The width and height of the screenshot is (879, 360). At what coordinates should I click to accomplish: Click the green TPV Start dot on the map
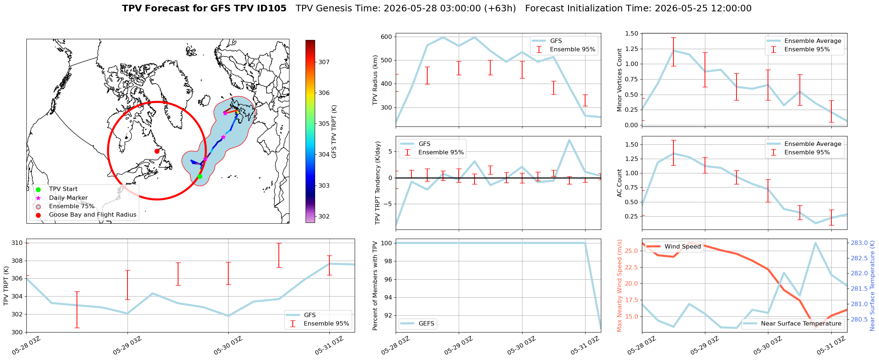[200, 176]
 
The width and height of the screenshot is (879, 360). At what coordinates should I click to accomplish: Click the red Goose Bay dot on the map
[157, 151]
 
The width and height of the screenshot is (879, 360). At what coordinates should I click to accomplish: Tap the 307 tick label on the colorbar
[324, 62]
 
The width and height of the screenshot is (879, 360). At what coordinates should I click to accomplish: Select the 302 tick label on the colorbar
[324, 216]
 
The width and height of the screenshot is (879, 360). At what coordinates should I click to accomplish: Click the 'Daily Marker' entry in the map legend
[68, 198]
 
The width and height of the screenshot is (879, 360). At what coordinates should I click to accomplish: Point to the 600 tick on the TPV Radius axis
[387, 37]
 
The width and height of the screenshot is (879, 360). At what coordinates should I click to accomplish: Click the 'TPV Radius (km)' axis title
[375, 80]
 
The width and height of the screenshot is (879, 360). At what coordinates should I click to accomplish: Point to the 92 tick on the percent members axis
[388, 315]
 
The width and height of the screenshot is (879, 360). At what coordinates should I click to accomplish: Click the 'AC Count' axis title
[620, 183]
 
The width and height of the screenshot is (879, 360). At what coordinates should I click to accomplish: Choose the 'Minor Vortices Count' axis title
[620, 80]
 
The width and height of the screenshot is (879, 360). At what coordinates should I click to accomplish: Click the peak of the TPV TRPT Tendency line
[569, 140]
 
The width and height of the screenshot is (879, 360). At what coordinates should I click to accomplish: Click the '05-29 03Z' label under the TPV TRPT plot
[127, 345]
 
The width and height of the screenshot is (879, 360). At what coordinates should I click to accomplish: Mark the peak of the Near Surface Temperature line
[815, 243]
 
